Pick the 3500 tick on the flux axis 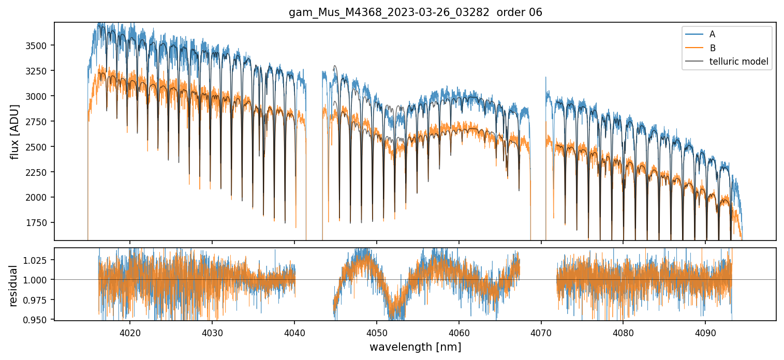pos(36,46)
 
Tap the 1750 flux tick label pos(36,222)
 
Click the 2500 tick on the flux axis pos(36,147)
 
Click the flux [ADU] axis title pos(14,131)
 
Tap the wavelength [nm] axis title pos(415,347)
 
